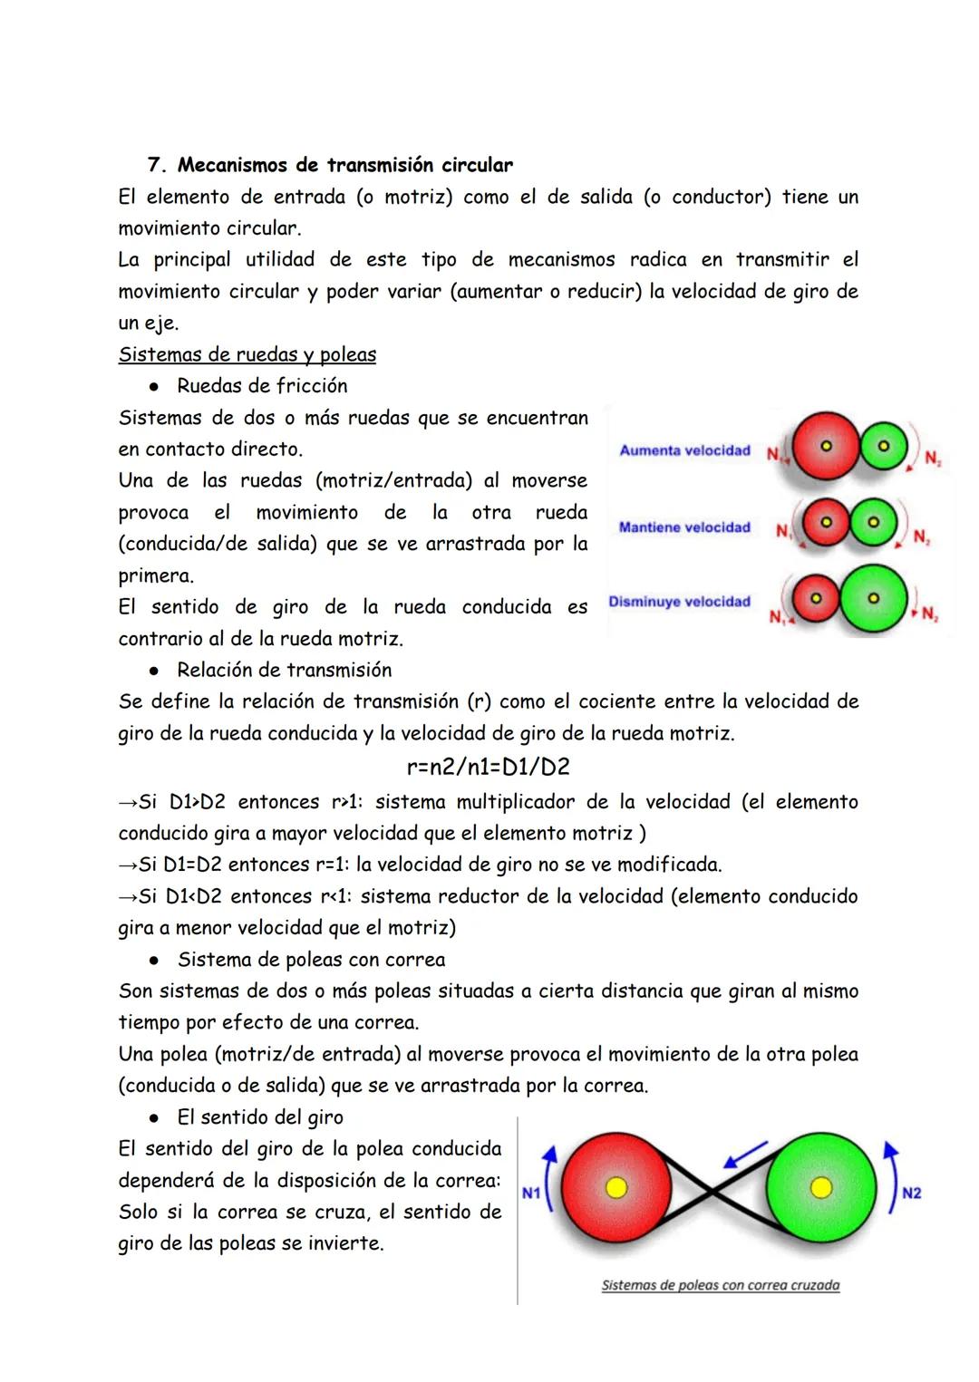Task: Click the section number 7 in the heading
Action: pos(153,165)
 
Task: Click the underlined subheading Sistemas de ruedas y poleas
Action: pos(247,354)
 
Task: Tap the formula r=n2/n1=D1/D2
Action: pos(489,767)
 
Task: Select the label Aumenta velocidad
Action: pos(684,450)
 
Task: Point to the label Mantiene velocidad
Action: pos(684,527)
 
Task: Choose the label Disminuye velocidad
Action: pos(679,602)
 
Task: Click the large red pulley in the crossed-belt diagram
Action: pos(616,1187)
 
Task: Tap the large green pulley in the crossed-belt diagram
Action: pos(821,1187)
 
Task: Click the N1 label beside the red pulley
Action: pos(531,1194)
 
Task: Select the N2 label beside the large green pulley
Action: pos(911,1193)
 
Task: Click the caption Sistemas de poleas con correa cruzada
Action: pos(721,1285)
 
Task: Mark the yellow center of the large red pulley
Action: pos(616,1187)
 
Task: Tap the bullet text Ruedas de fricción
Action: pos(262,386)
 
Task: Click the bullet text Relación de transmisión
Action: pos(285,670)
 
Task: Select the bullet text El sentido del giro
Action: pos(260,1116)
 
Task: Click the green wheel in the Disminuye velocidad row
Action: pos(872,599)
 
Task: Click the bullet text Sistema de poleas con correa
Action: pos(312,959)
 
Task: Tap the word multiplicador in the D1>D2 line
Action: pos(518,802)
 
